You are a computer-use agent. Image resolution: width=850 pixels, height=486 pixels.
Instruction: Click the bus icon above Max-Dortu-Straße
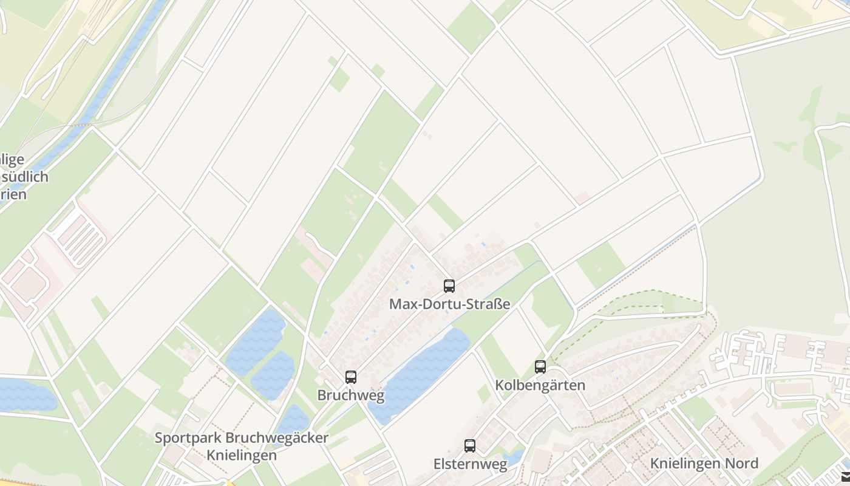click(x=449, y=286)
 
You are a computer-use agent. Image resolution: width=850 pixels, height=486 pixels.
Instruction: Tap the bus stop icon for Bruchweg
click(x=350, y=377)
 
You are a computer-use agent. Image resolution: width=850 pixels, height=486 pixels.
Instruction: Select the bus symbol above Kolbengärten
click(x=540, y=366)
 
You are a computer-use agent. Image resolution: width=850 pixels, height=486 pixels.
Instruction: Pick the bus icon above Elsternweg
click(x=469, y=446)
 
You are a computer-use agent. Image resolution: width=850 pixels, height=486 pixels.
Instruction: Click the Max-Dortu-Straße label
click(x=449, y=304)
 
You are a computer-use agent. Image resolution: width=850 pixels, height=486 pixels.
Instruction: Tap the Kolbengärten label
click(x=540, y=385)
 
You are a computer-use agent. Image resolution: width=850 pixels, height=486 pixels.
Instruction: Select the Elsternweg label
click(x=470, y=465)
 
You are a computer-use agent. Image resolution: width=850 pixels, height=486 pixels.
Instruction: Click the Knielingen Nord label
click(x=704, y=464)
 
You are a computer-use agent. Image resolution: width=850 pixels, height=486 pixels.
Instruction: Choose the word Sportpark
click(x=188, y=437)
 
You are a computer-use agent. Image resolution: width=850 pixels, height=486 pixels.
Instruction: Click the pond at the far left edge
click(x=24, y=394)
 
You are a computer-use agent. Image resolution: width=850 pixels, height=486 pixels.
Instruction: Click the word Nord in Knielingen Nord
click(x=741, y=464)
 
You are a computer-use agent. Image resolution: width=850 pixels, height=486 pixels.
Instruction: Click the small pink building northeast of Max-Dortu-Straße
click(x=582, y=197)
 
